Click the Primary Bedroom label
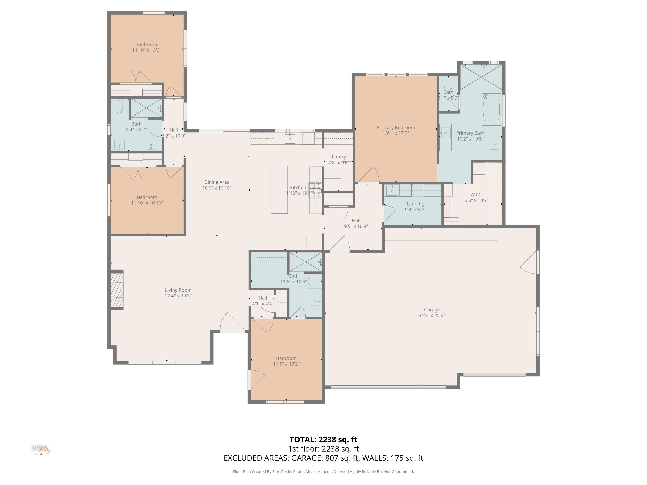coord(396,127)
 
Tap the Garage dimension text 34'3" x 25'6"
coord(432,315)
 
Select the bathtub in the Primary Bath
coord(491,109)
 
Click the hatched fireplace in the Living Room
coord(117,290)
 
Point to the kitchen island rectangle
coord(279,190)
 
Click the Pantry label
coord(339,157)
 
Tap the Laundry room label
coord(415,204)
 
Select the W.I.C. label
coord(476,194)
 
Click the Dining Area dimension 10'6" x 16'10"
coord(217,188)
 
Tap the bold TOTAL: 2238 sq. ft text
coord(323,439)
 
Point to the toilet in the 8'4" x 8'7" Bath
coord(118,106)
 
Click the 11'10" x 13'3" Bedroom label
coord(146,44)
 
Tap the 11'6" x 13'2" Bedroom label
coord(286,358)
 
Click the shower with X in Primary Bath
coord(481,77)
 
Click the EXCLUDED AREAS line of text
coord(323,458)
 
